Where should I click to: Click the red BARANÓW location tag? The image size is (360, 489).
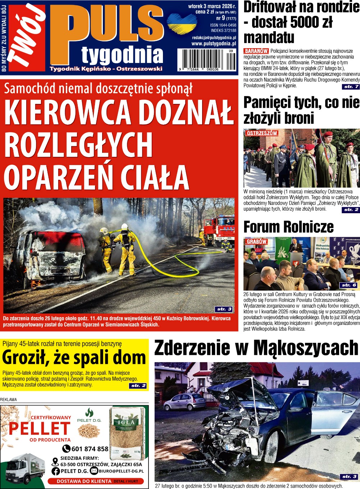point(256,51)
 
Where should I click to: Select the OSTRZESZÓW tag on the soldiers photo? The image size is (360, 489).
point(262,133)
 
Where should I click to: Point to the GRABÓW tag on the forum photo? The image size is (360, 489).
point(256,241)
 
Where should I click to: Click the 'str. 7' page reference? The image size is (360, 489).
point(351,87)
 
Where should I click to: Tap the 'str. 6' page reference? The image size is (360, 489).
point(348,285)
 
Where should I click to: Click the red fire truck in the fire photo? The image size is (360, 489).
point(220,230)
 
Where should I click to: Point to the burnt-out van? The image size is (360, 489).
point(50,259)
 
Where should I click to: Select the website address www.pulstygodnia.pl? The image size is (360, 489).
point(214,44)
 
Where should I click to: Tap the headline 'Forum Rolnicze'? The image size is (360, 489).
point(288,227)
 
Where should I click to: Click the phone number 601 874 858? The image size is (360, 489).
point(90,449)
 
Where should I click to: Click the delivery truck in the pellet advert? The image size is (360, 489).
point(25,469)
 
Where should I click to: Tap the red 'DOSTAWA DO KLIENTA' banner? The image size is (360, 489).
point(95,481)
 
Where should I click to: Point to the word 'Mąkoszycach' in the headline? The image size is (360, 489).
point(306,348)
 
